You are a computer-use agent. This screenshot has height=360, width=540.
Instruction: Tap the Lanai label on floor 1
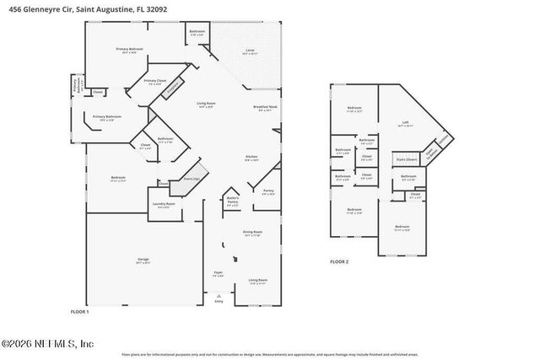250,52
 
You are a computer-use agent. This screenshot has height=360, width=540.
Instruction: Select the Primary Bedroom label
132,50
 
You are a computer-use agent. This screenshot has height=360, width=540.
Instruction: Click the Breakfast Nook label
265,108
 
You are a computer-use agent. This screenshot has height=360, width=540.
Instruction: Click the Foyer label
219,273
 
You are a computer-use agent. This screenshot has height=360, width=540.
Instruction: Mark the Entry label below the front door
220,302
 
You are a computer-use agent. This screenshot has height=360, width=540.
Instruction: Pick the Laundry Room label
164,204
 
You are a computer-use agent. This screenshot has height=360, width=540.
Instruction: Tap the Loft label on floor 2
405,123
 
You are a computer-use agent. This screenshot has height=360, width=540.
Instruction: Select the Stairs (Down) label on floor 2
406,159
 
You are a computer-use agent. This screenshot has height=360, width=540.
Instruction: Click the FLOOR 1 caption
78,312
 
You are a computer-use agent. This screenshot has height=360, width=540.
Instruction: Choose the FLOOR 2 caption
339,262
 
